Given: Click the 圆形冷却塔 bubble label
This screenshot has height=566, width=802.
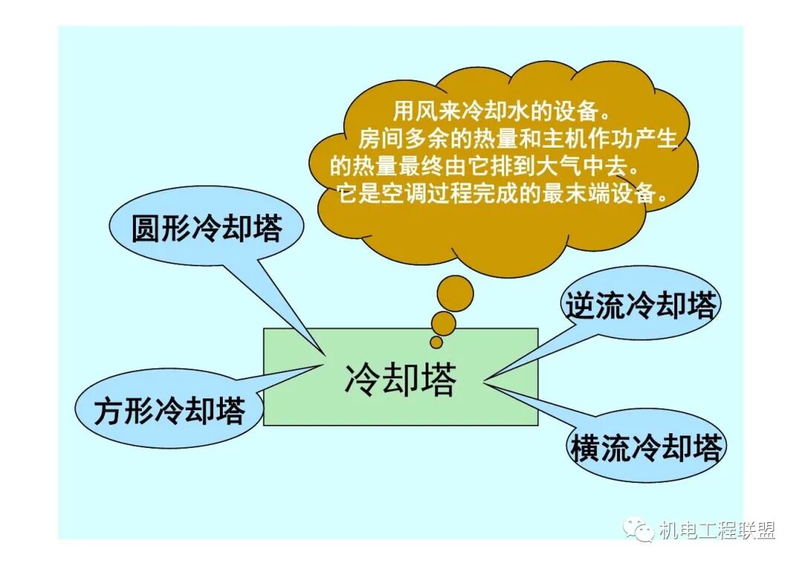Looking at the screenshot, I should coord(206,229).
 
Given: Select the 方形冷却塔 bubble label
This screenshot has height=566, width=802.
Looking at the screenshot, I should coord(169,410).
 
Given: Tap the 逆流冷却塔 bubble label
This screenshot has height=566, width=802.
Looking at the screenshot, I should coord(640,305).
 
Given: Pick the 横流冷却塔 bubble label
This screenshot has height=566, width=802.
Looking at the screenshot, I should coord(645,447).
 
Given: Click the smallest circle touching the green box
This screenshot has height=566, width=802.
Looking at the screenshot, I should coord(437,342).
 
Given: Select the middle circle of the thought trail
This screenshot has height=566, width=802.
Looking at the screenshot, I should coord(444,323).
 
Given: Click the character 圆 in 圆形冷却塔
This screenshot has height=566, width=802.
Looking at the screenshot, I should coord(146,229).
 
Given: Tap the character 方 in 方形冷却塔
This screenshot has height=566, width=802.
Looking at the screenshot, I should coord(108,410).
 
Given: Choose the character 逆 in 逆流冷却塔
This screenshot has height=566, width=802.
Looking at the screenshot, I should coord(580,305).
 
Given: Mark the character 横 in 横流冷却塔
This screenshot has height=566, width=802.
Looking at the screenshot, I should coord(585,447).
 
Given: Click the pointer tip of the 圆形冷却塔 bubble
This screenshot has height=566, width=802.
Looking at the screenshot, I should coord(325,354).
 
